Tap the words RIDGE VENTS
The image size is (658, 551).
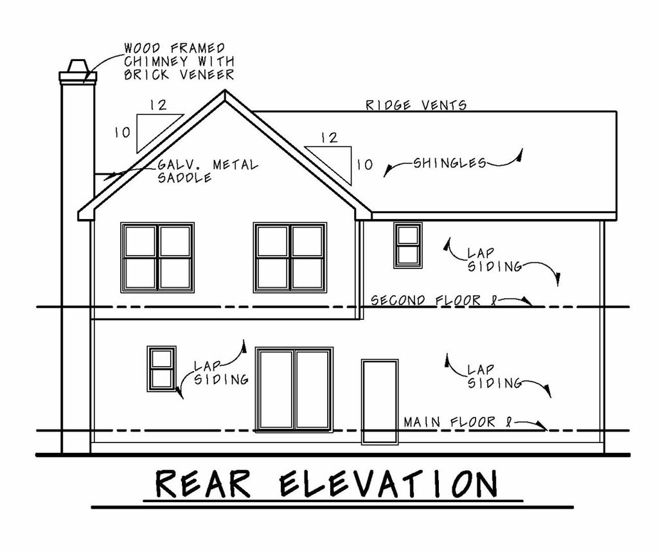coord(416,105)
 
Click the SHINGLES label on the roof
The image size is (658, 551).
coord(449,163)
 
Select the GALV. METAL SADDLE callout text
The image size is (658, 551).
coord(207,171)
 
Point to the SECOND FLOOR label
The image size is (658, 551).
coord(434,300)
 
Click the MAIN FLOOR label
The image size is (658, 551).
coord(450,422)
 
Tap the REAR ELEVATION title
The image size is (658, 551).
coord(326,486)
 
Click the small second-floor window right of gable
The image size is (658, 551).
coord(407,244)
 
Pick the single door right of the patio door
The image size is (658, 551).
coord(379,401)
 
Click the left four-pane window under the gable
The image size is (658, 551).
coord(157,257)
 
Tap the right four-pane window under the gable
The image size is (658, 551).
coord(289,257)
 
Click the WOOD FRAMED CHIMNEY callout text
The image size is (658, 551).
coord(177,61)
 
